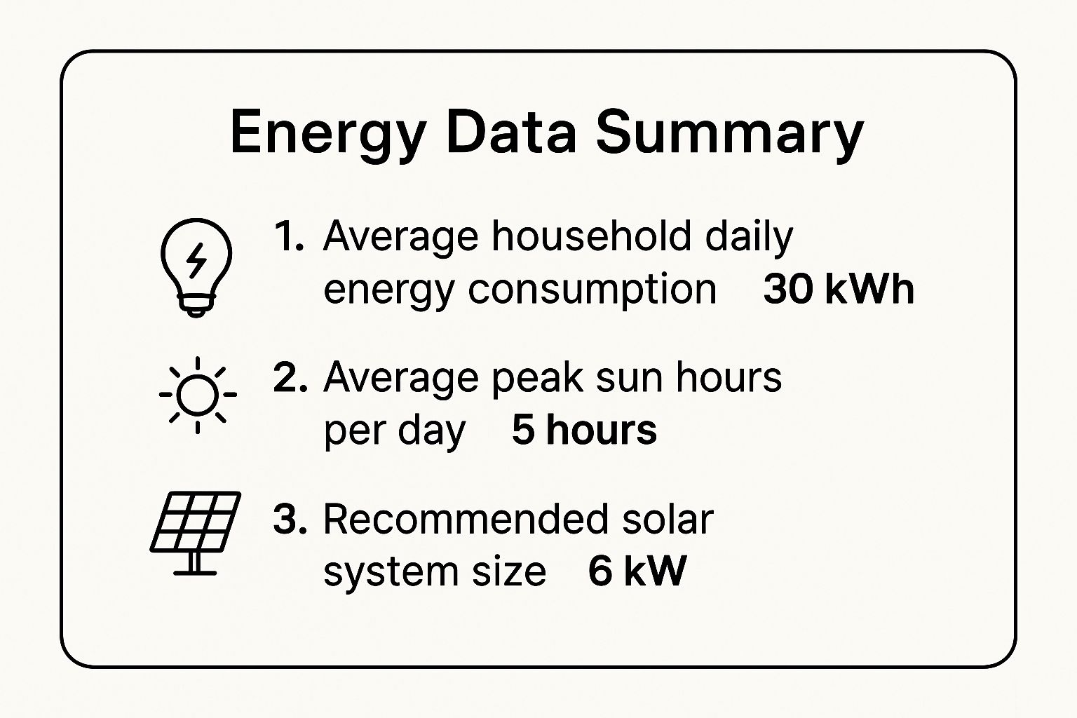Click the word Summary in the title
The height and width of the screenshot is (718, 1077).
tap(729, 133)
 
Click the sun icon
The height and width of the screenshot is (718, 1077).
tap(198, 395)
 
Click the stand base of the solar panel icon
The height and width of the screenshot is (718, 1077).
tap(195, 572)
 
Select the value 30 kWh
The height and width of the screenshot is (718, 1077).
tap(839, 289)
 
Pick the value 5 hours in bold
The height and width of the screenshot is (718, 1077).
tap(584, 430)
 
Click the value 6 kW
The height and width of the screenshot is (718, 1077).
tap(637, 571)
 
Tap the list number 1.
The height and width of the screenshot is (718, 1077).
tap(288, 236)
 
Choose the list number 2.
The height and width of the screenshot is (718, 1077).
tap(290, 377)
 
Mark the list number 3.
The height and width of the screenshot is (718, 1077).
tap(290, 520)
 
